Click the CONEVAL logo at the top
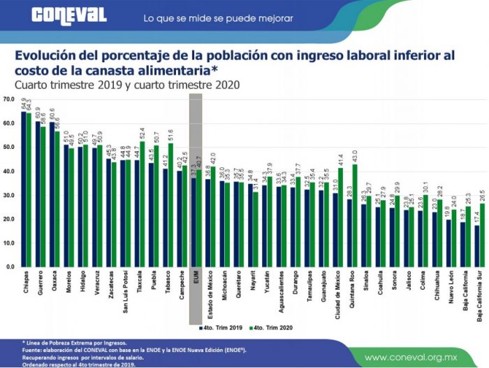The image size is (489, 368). tap(68, 15)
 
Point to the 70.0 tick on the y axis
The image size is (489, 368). tap(8, 99)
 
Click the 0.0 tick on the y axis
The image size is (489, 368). tap(8, 267)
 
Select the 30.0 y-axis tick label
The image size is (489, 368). tap(8, 195)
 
